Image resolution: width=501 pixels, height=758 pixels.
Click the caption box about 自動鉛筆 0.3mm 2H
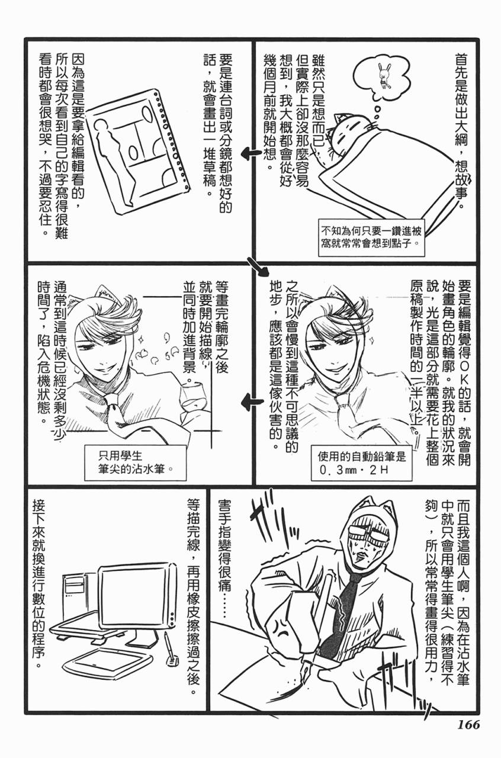[x=361, y=463]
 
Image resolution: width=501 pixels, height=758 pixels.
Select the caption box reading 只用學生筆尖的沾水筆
[x=136, y=462]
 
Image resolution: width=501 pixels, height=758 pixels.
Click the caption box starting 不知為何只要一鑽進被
[x=371, y=237]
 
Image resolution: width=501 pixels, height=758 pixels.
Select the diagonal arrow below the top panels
[x=258, y=266]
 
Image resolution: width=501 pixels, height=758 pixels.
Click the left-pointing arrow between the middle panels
[x=252, y=403]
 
